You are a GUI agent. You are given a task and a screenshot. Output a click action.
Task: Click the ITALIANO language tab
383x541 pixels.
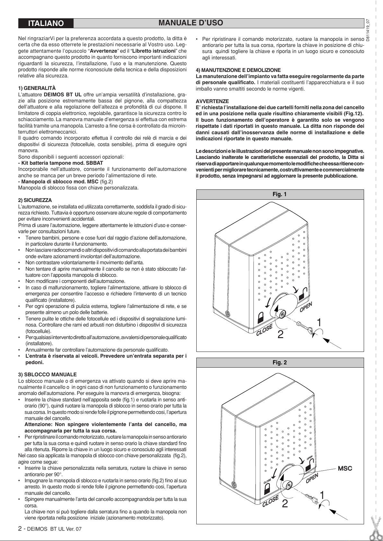pos(46,23)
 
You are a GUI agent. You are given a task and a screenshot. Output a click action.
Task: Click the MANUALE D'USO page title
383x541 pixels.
pos(191,23)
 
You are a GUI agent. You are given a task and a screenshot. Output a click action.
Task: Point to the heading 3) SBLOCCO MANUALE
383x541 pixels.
pos(48,375)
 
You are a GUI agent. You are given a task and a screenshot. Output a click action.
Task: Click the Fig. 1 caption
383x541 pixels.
pos(280,194)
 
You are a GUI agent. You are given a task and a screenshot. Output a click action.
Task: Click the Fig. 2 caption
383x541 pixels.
pos(280,362)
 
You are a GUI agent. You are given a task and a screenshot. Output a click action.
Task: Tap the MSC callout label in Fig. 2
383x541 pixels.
pos(344,468)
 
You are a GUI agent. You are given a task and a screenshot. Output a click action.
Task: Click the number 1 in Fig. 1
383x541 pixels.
pos(319,322)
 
